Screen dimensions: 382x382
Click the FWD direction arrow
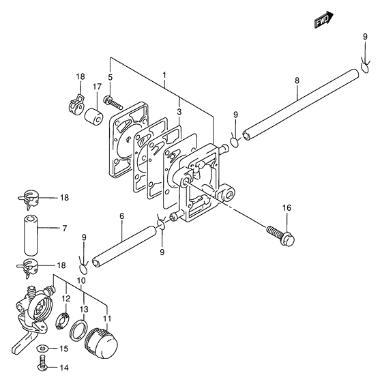click(x=324, y=20)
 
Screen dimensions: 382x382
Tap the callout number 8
click(x=297, y=80)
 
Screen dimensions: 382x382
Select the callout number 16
click(x=286, y=208)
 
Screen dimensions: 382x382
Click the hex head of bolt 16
click(x=287, y=239)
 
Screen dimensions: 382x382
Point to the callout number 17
click(x=97, y=87)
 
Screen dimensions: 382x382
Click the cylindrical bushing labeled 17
click(x=94, y=117)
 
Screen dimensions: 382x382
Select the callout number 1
click(x=164, y=74)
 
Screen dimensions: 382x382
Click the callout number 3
click(x=179, y=112)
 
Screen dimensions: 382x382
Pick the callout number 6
click(x=122, y=216)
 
